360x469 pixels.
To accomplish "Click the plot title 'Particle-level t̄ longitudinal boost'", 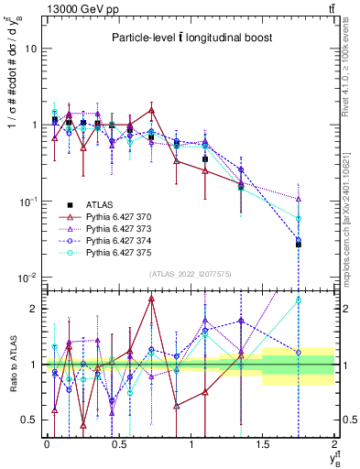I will click(x=190, y=38).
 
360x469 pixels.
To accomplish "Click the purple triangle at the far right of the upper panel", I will click(x=299, y=199).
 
